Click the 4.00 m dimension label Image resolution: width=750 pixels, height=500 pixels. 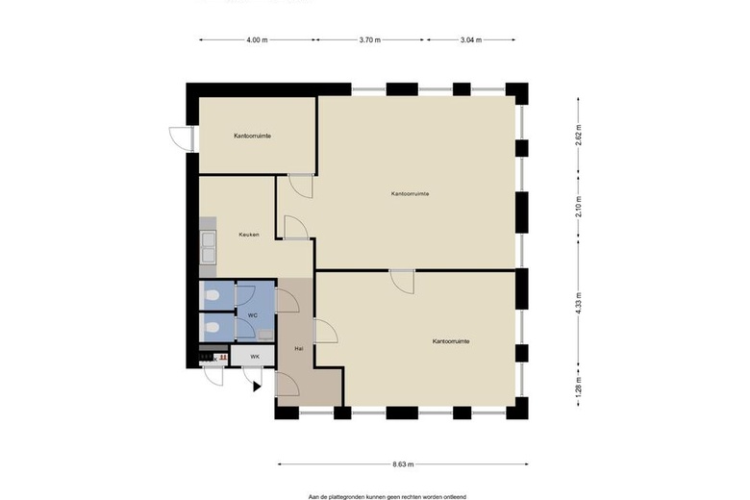[x=257, y=40]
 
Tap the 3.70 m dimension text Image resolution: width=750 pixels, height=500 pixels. [x=370, y=40]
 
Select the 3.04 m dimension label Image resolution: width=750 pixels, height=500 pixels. [x=470, y=40]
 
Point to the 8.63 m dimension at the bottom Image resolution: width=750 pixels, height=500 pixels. [x=403, y=464]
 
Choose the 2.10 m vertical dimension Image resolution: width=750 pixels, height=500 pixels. [x=579, y=207]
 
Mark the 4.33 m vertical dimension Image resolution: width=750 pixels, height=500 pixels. [x=579, y=303]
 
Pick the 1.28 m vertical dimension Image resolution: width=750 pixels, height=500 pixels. [x=579, y=387]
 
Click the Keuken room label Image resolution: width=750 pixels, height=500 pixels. [x=249, y=235]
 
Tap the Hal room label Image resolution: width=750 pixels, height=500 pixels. [x=299, y=349]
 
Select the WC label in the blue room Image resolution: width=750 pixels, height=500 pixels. [x=253, y=315]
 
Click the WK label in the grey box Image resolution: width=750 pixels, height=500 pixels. [x=255, y=357]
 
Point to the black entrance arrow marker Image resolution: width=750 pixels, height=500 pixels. [x=257, y=387]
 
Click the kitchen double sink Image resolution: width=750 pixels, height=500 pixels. [x=208, y=247]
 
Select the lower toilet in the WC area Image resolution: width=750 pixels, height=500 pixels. [x=211, y=328]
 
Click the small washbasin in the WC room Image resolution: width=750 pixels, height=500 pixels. [x=265, y=335]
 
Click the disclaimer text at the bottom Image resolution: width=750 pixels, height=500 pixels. [x=387, y=497]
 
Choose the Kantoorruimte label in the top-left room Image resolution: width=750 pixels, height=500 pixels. [x=253, y=136]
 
